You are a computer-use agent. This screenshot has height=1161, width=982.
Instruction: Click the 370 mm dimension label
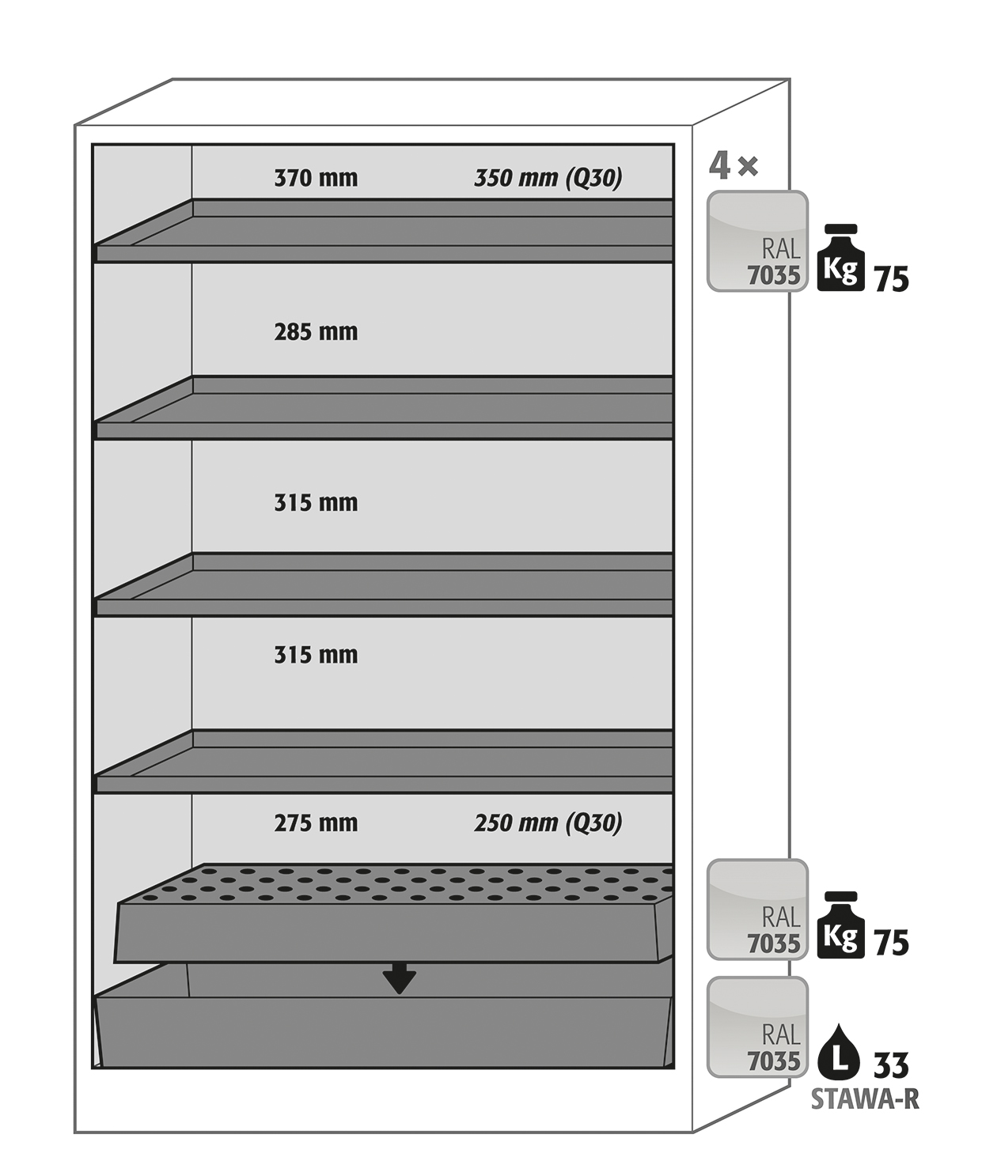pyautogui.click(x=316, y=179)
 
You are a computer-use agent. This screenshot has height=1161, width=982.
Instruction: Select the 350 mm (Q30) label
pyautogui.click(x=548, y=179)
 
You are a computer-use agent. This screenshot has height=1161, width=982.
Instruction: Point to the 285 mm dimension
pyautogui.click(x=316, y=332)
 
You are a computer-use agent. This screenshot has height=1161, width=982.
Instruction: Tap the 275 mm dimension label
pyautogui.click(x=316, y=823)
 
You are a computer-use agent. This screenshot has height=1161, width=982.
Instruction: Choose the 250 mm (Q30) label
pyautogui.click(x=548, y=823)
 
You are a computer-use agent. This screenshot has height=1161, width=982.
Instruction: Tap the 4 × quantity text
pyautogui.click(x=734, y=166)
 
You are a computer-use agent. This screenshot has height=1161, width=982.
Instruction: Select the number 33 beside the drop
pyautogui.click(x=891, y=1065)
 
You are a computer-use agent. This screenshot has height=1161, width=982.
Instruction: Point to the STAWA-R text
pyautogui.click(x=865, y=1100)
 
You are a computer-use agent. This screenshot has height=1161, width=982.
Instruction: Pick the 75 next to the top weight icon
pyautogui.click(x=892, y=279)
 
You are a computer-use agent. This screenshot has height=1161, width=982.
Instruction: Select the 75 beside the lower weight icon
pyautogui.click(x=892, y=943)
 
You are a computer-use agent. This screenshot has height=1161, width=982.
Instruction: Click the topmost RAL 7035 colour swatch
pyautogui.click(x=757, y=241)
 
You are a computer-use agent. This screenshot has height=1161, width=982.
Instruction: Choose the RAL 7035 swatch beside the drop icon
pyautogui.click(x=757, y=1027)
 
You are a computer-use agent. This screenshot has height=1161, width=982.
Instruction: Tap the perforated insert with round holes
pyautogui.click(x=393, y=913)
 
